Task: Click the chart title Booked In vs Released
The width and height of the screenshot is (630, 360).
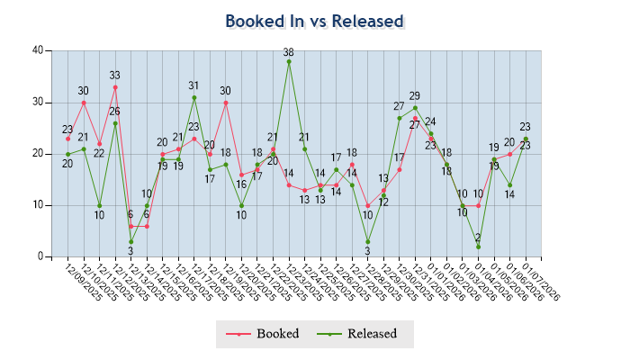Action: coord(314,21)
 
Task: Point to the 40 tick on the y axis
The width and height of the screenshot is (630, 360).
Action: coord(38,50)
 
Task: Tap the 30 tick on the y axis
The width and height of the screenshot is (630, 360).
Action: coord(38,102)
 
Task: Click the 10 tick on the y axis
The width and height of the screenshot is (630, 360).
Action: coord(38,205)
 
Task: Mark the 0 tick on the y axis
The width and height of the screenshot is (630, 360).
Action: coord(40,256)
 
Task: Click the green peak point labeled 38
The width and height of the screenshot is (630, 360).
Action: coord(289,61)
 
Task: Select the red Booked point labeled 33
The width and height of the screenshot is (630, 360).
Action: coord(115,87)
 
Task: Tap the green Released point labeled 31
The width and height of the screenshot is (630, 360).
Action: coord(194,97)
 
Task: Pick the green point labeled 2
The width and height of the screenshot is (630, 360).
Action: coord(478,247)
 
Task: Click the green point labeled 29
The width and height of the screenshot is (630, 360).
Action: coord(415,108)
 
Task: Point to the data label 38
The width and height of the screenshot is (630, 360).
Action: coord(289,52)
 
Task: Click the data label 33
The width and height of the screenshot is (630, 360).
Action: coord(115,76)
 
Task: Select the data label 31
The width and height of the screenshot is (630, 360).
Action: coord(194,86)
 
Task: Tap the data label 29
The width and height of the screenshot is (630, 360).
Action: coord(415,96)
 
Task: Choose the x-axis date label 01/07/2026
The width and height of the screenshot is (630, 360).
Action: coord(541,281)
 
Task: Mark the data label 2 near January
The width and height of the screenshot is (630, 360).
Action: coord(478,238)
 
